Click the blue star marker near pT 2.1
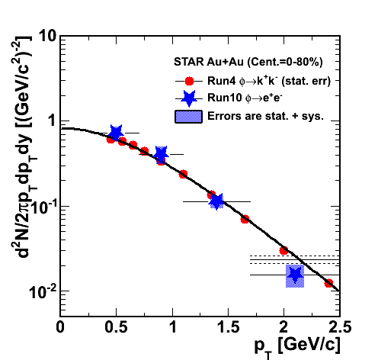(295, 275)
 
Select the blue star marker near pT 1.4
(216, 201)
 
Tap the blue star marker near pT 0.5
(116, 133)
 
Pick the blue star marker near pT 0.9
(161, 154)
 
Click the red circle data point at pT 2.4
(328, 283)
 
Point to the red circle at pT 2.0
(283, 251)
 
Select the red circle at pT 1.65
(245, 219)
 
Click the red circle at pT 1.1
(183, 175)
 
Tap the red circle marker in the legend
(189, 81)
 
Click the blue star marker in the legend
(189, 98)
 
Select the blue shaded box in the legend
(188, 117)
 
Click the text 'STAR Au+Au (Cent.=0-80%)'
(248, 62)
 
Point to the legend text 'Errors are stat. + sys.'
(266, 116)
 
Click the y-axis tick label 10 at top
(47, 37)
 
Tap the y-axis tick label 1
(52, 121)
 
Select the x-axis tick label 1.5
(229, 327)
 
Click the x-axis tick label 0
(60, 327)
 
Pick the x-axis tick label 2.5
(341, 327)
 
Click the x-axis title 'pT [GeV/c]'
(297, 348)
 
